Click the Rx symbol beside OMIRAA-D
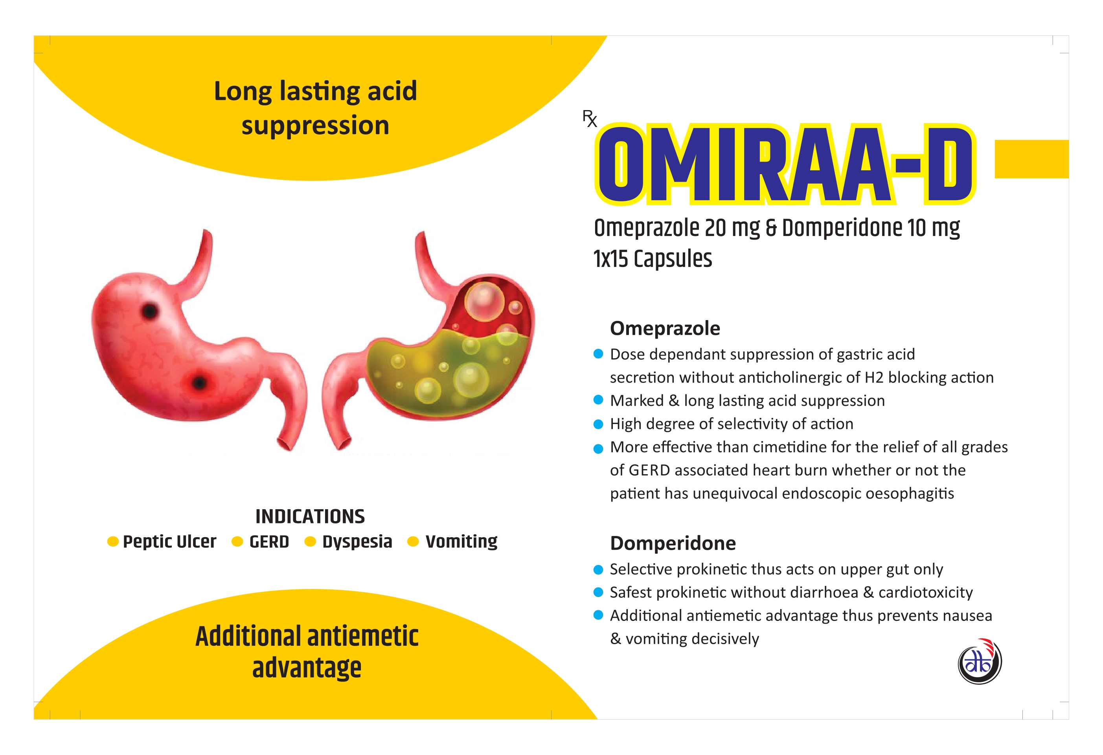[x=590, y=118]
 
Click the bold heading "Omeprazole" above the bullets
[x=665, y=328]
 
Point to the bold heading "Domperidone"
[x=673, y=543]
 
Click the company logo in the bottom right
[x=980, y=661]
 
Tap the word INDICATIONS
[x=310, y=516]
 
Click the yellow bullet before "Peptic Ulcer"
[x=113, y=541]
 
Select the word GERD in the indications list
[x=269, y=542]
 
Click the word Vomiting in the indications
[x=461, y=542]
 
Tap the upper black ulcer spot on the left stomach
[x=150, y=311]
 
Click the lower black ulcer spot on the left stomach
[x=200, y=382]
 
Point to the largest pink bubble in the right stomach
[x=484, y=302]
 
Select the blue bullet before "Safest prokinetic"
[x=599, y=593]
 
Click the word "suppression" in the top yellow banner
[x=315, y=126]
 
